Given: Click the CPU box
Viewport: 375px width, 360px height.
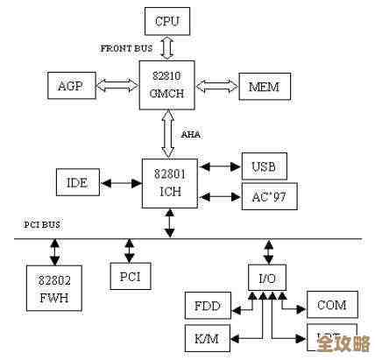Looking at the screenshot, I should click(x=166, y=21).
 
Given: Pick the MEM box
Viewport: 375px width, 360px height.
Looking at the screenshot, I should click(x=263, y=86).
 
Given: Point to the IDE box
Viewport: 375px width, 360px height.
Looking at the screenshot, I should click(x=77, y=182).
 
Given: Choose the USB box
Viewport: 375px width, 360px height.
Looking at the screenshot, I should click(x=264, y=166).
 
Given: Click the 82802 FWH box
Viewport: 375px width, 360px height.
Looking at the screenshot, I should click(x=53, y=286).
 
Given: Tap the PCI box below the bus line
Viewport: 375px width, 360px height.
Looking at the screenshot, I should click(x=130, y=277).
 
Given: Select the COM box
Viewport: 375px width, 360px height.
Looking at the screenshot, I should click(x=330, y=306).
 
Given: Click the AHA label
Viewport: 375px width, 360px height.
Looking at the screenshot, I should click(x=191, y=134).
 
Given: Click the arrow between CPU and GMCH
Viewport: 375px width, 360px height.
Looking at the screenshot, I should click(x=166, y=46).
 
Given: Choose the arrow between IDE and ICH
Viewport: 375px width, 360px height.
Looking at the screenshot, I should click(x=121, y=182).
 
